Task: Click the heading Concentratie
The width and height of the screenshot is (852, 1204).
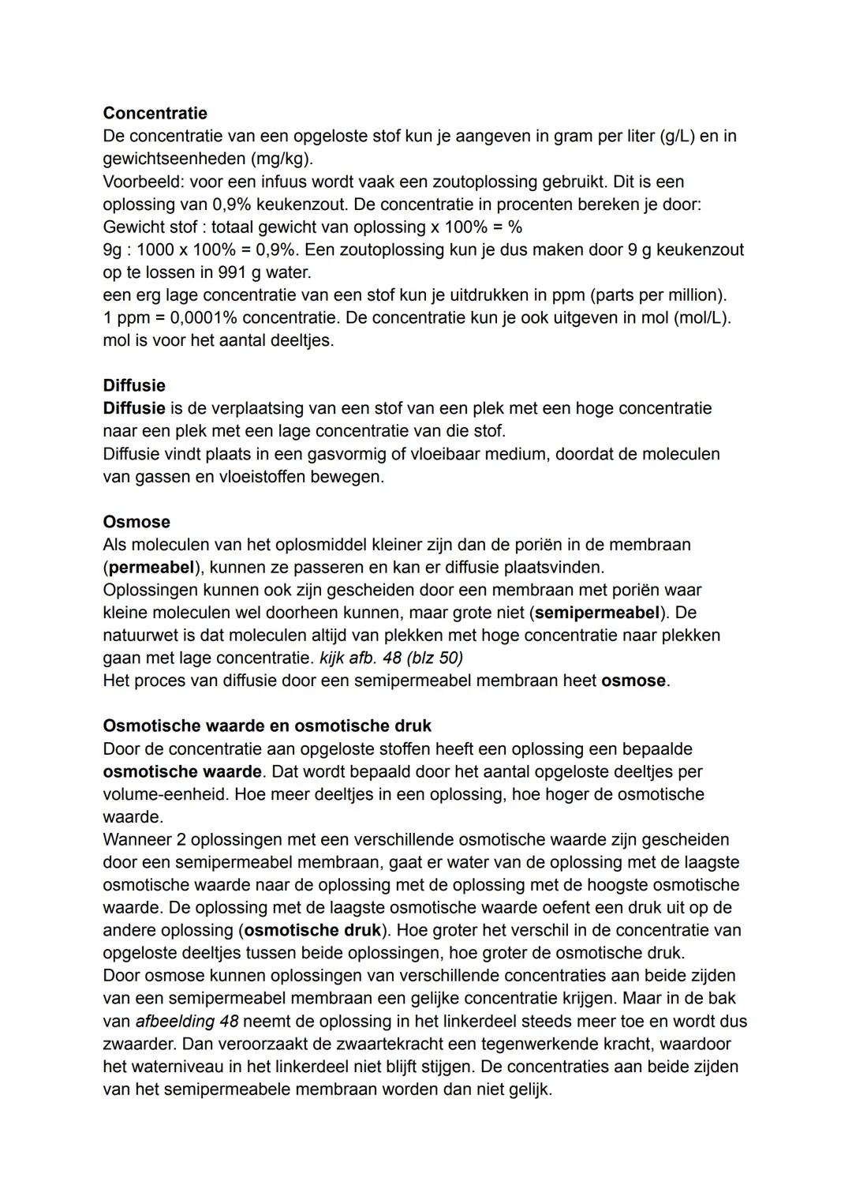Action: (x=155, y=113)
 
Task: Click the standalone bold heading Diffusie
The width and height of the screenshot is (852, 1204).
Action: (x=134, y=385)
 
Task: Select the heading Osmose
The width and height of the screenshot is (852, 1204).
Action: (x=136, y=522)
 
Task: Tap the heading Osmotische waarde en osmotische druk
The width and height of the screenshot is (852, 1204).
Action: (x=267, y=726)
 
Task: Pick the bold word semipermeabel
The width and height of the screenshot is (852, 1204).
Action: (x=597, y=613)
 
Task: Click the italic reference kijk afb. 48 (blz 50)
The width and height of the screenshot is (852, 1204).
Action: (x=391, y=658)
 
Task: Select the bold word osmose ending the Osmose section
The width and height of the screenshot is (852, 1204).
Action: (x=633, y=681)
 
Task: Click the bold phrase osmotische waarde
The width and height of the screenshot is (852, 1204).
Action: (x=181, y=771)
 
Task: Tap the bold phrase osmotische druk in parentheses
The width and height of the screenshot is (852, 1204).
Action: (x=313, y=930)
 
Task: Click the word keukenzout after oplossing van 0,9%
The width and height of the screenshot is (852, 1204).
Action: (x=302, y=204)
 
